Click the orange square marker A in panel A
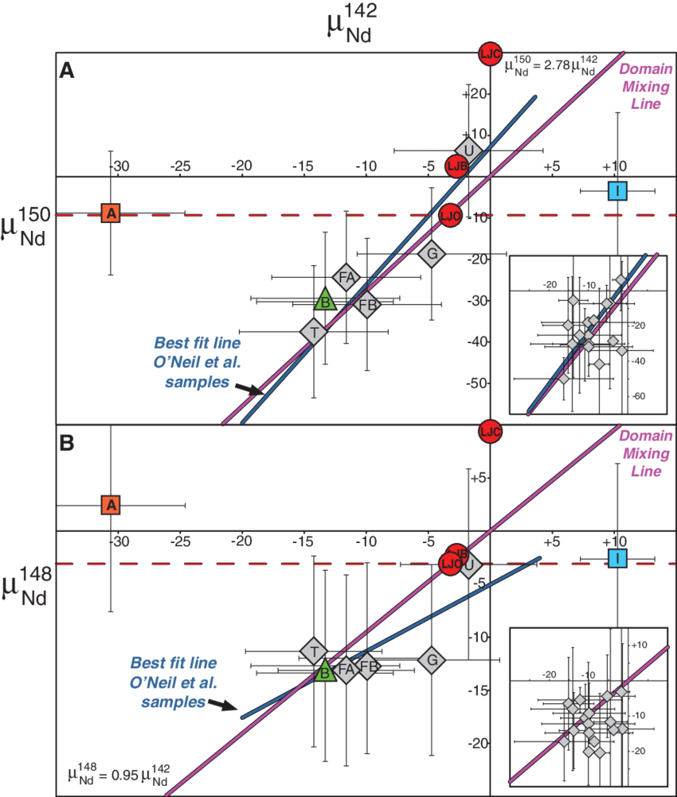tap(111, 213)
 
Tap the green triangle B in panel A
tap(324, 300)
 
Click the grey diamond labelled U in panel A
tap(468, 150)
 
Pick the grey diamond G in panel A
tap(432, 254)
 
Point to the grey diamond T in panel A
tap(314, 331)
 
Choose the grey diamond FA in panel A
tap(346, 277)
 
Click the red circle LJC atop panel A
tap(490, 54)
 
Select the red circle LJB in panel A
tap(456, 166)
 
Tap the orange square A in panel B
tap(111, 504)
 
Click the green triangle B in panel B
tap(324, 672)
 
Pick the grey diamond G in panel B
tap(432, 659)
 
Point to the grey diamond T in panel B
tap(314, 650)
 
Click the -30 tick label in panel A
tap(118, 166)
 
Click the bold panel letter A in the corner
tap(67, 72)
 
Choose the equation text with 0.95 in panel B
tap(119, 774)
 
